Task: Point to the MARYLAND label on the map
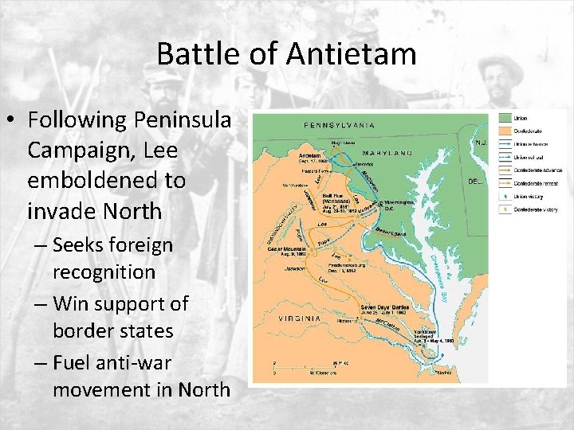point(388,152)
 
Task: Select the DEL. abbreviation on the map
point(477,181)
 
